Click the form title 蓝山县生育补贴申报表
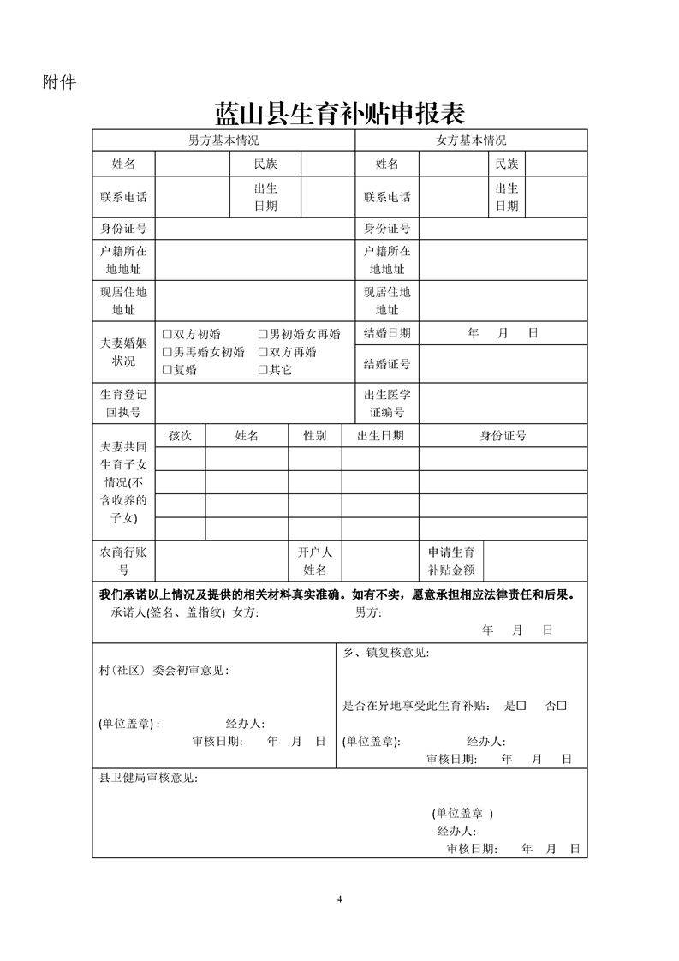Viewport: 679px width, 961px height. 339,112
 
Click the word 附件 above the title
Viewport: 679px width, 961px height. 59,82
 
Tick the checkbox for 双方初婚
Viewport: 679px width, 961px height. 168,334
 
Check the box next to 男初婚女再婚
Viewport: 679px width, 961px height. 264,334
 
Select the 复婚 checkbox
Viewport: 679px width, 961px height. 168,370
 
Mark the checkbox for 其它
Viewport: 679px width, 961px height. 264,370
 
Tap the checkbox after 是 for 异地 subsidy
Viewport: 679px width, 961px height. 521,706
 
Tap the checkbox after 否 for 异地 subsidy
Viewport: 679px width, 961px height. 563,706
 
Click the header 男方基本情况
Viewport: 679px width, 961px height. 223,140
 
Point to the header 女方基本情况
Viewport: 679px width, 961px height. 471,140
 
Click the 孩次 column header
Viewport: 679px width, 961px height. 180,436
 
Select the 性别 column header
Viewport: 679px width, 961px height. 315,436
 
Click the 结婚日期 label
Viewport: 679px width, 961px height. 387,333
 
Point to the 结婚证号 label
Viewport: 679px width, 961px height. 387,364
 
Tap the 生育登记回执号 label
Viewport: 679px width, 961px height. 123,403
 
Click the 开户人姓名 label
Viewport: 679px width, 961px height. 315,561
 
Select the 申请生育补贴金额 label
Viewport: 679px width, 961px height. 451,561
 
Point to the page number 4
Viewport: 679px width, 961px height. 340,899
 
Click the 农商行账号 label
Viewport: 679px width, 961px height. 123,561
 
